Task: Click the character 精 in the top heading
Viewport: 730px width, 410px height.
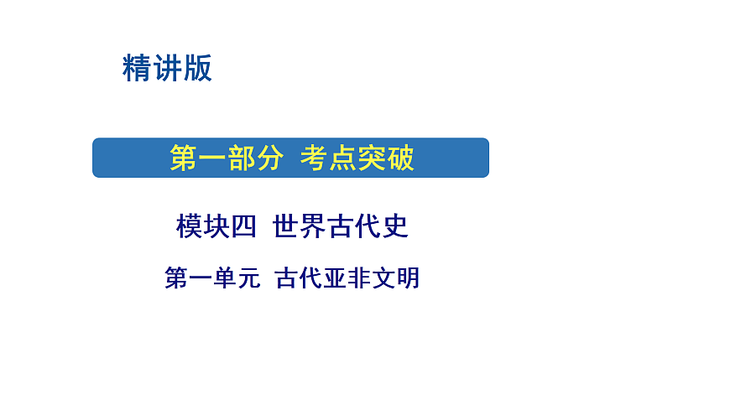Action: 138,68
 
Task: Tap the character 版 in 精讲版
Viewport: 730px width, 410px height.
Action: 198,68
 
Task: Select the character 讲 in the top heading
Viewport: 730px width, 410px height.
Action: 168,68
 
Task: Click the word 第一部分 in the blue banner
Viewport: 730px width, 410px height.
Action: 226,158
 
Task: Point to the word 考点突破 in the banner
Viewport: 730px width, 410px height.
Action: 357,158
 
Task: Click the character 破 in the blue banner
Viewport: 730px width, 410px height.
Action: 400,158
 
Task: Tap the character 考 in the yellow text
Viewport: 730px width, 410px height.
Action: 315,158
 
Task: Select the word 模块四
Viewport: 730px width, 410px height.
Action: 216,226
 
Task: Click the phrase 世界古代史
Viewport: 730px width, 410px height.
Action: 341,226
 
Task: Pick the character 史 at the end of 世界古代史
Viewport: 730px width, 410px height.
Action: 394,226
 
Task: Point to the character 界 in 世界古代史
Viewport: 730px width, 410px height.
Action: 314,226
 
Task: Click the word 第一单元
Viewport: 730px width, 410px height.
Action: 211,278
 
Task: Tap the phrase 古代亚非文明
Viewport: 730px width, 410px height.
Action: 347,278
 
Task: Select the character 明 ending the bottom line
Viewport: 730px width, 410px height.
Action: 408,278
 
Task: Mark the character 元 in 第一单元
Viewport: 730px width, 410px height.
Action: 248,278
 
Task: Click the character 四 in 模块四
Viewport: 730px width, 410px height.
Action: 243,226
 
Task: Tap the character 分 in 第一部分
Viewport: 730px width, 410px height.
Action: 268,158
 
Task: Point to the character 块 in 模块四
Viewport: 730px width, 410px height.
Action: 216,226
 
